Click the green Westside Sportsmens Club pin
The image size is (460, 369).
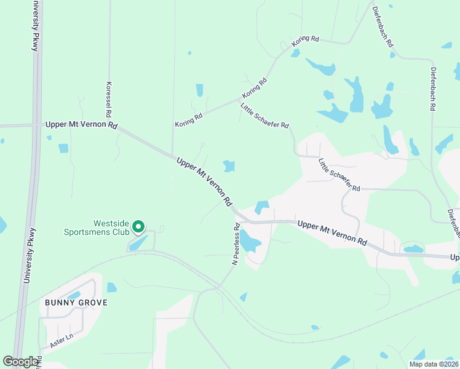(139, 228)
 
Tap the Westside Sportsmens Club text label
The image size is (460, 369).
(97, 228)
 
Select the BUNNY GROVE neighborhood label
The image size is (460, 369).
(76, 303)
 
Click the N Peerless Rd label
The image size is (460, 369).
(235, 244)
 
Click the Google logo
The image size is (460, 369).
(21, 362)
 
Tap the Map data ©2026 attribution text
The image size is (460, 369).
(434, 364)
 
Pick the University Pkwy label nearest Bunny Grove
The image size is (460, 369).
(30, 255)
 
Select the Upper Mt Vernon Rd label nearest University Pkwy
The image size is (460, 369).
(81, 125)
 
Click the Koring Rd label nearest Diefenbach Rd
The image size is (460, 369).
(305, 39)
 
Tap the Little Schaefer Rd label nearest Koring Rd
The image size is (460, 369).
(264, 116)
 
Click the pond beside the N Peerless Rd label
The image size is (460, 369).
(250, 240)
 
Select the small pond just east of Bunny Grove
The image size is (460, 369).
(111, 287)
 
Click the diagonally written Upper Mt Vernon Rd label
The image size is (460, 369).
(204, 181)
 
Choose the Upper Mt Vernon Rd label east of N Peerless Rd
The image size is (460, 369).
(332, 234)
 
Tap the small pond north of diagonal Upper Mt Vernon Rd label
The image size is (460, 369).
(229, 165)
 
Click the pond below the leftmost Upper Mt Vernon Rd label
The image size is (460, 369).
(63, 148)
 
